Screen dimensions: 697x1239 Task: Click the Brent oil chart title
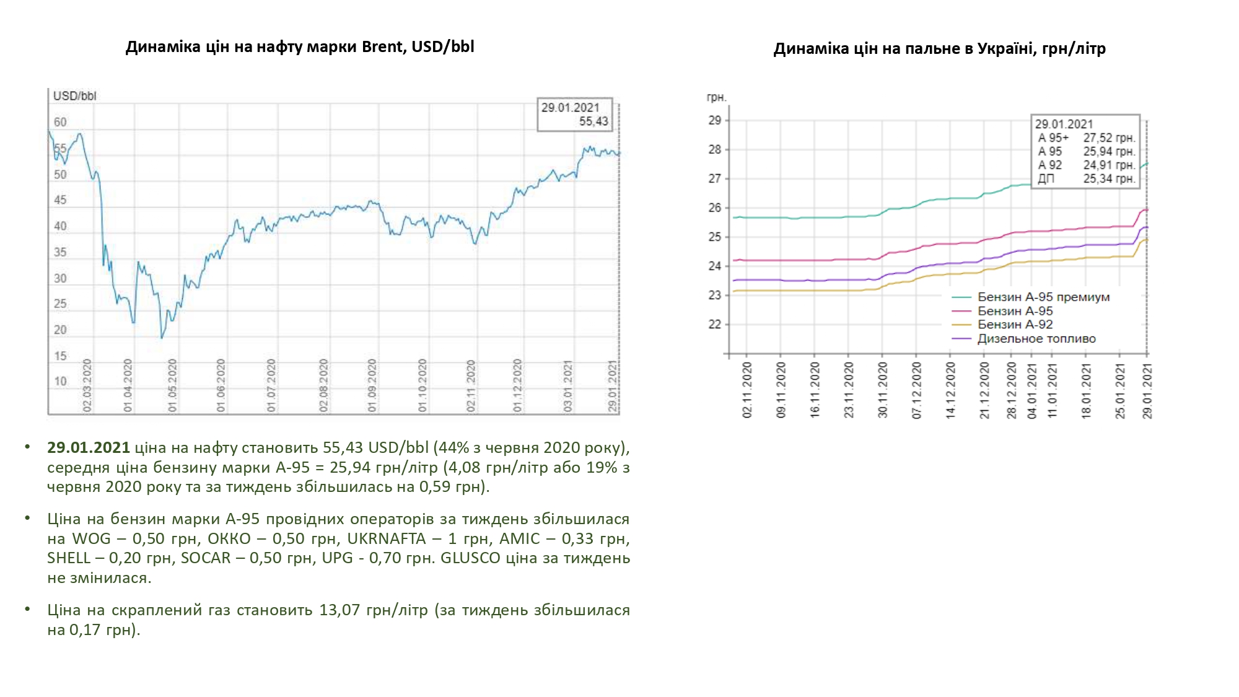pos(300,47)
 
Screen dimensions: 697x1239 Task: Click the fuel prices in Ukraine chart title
pos(939,49)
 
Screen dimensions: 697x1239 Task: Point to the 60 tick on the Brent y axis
pos(60,123)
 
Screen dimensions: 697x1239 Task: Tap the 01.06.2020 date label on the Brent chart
pos(221,385)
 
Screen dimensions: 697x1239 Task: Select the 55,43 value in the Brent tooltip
pos(593,121)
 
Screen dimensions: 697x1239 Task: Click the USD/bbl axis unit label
pos(74,96)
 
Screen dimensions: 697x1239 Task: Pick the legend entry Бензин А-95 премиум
pos(1043,297)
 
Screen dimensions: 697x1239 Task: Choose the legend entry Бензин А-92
pos(1015,325)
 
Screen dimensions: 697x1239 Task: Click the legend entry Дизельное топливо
pos(1036,339)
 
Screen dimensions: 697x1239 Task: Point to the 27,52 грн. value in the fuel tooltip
pos(1109,138)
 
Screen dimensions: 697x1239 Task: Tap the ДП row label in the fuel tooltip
pos(1046,179)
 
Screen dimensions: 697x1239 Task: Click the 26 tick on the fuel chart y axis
pos(715,208)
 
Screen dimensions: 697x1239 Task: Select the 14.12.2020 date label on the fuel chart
pos(950,390)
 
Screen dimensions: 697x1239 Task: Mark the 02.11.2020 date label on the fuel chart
pos(747,390)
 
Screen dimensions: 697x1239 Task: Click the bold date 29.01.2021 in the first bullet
pos(89,448)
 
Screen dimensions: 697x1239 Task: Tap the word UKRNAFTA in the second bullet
pos(387,539)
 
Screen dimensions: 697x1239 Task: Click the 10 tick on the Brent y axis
pos(60,382)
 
